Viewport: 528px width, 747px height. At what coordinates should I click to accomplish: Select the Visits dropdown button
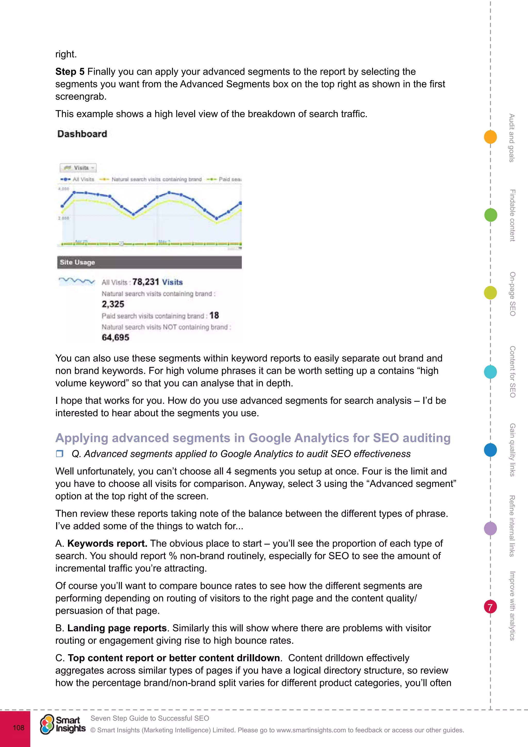coord(78,168)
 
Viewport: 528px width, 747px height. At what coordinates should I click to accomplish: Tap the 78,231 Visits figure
coord(157,282)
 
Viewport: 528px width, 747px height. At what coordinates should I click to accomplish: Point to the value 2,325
coord(113,304)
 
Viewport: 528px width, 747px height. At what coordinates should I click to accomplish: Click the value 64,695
coord(115,337)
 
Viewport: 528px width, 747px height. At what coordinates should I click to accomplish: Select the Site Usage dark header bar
coord(149,262)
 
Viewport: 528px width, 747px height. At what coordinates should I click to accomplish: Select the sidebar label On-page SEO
coord(512,294)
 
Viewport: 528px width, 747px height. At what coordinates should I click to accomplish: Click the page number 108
coord(19,727)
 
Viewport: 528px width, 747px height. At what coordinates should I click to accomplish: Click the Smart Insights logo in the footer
coord(63,724)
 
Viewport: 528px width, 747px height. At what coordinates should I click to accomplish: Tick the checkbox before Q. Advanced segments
coord(59,453)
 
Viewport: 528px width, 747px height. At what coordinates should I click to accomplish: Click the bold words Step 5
coord(70,71)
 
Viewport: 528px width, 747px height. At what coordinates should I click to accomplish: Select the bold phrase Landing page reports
coord(117,628)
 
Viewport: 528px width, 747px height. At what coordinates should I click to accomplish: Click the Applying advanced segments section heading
coord(253,438)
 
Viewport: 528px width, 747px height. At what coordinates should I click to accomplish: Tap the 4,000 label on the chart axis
coord(64,189)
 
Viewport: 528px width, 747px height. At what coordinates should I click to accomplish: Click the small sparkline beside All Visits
coord(77,281)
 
